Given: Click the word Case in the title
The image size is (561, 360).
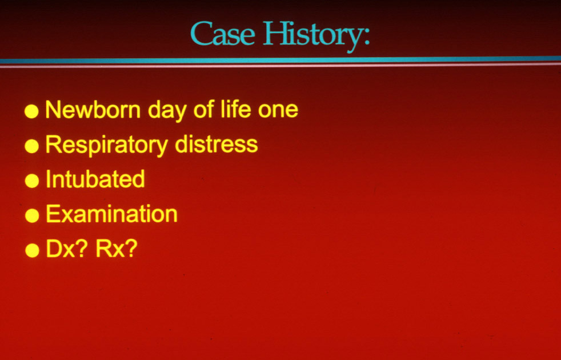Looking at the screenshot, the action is coord(223,33).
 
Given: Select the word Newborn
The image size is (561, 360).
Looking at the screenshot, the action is coord(93,110).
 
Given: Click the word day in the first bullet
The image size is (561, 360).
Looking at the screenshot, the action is coord(167,111).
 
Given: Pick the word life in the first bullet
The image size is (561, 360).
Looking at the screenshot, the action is coord(236,109).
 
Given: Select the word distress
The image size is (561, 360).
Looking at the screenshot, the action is coord(216,145).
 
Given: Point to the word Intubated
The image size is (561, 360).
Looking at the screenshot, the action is coord(95,179).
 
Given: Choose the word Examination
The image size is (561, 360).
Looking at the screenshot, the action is coord(111,214).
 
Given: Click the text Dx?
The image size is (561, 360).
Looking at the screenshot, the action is coord(66,249).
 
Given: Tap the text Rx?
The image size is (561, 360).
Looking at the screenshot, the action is coord(117,249).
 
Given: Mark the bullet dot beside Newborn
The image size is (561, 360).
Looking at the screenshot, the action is coord(31,111).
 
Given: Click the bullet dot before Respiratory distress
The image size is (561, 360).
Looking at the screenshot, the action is coord(32,146).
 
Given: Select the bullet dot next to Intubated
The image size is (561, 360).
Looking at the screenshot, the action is coord(32,181).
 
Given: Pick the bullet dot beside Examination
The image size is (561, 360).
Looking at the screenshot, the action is coord(32,215).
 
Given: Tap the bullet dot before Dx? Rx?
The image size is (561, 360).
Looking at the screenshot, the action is coord(32,250).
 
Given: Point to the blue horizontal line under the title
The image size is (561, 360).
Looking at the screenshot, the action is coord(280,60).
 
